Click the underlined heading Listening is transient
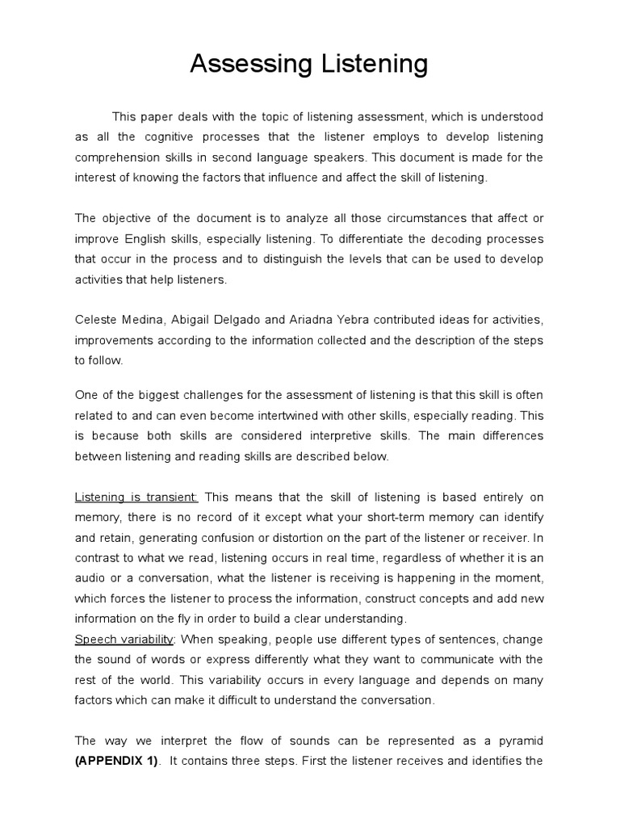136,496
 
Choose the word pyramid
519,741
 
